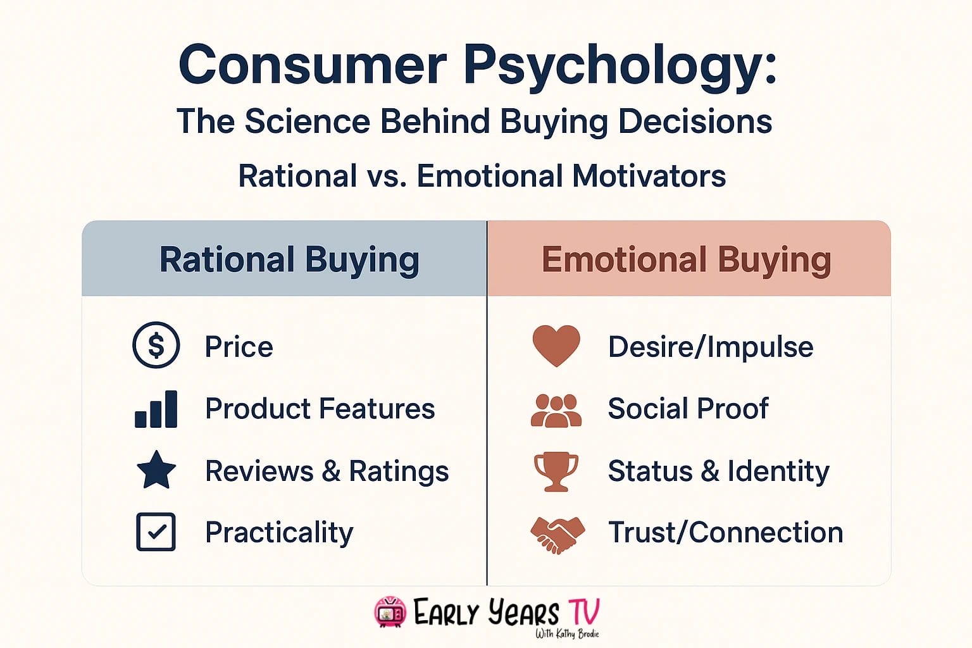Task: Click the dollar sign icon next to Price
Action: (x=156, y=346)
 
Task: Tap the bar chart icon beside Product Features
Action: (x=156, y=409)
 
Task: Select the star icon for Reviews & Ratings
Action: (x=156, y=470)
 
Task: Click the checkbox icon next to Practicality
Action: (x=156, y=532)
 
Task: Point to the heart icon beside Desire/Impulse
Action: (x=556, y=346)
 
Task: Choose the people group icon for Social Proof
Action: (x=556, y=411)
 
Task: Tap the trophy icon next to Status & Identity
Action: (x=556, y=471)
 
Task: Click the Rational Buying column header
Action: (x=289, y=259)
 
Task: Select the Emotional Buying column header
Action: (x=686, y=259)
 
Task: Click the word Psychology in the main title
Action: (x=620, y=65)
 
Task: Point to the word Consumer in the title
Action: (x=313, y=65)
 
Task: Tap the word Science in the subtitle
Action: (x=307, y=121)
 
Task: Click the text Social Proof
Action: (x=687, y=408)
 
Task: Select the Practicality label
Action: (x=279, y=532)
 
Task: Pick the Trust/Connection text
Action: (x=725, y=532)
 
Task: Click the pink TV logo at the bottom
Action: (x=390, y=612)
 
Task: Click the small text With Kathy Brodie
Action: (x=566, y=633)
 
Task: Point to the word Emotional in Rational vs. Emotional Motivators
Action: (x=489, y=176)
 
